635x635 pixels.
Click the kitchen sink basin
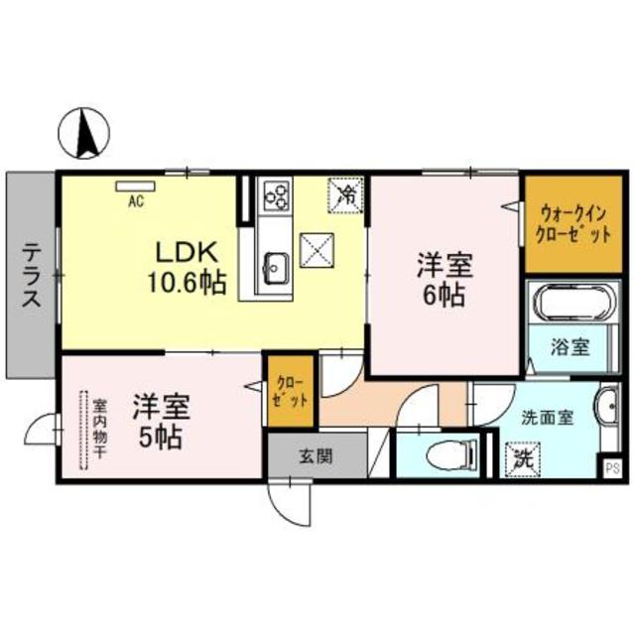[x=275, y=265]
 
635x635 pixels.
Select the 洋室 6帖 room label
[x=443, y=279]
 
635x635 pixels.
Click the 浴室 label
[x=571, y=347]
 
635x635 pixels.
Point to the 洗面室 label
[x=549, y=418]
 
